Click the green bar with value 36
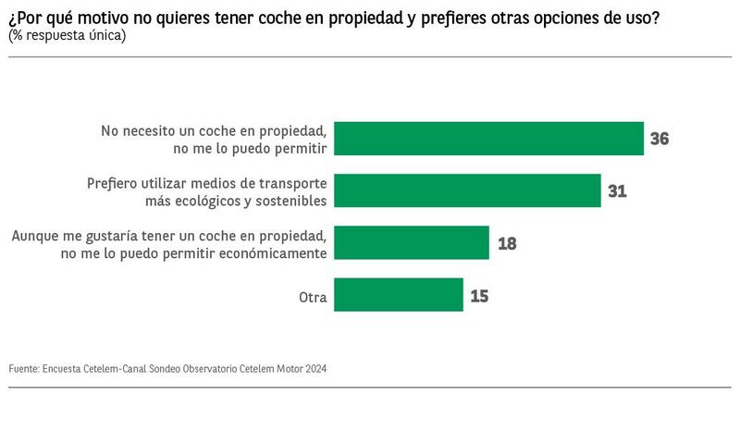click(x=487, y=139)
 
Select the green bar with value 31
click(x=466, y=190)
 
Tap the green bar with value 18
click(x=411, y=243)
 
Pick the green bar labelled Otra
click(x=398, y=295)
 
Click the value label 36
click(x=659, y=140)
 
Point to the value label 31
click(x=617, y=191)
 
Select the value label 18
click(x=506, y=244)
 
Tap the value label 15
click(x=478, y=296)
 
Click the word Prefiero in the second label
click(x=113, y=183)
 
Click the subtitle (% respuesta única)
click(x=67, y=36)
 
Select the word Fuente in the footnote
click(x=23, y=368)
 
